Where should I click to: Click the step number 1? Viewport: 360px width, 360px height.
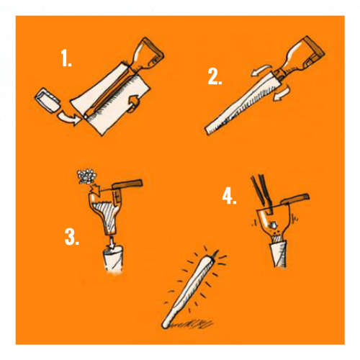click(x=66, y=58)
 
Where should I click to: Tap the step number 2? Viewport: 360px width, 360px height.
click(x=215, y=76)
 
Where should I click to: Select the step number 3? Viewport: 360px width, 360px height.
click(x=72, y=237)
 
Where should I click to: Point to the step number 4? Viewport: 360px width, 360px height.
click(x=229, y=196)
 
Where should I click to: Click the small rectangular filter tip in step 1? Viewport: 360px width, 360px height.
click(x=47, y=101)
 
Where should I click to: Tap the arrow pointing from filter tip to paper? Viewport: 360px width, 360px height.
click(x=69, y=118)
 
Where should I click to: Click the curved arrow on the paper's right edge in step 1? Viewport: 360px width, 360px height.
click(x=133, y=104)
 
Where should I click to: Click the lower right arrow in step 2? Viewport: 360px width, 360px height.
click(x=282, y=94)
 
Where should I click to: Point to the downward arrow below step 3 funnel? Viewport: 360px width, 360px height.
click(x=112, y=241)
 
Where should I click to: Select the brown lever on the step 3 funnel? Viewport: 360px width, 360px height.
click(x=127, y=185)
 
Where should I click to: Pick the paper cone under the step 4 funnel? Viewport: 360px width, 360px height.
click(x=279, y=254)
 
